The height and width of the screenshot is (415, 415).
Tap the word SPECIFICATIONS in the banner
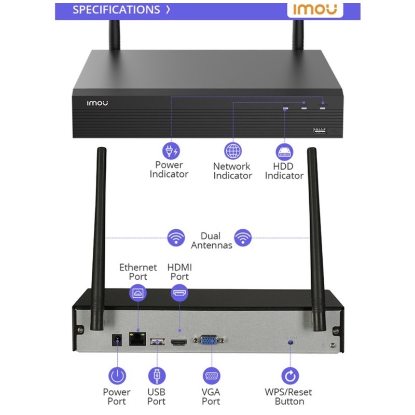pyautogui.click(x=116, y=10)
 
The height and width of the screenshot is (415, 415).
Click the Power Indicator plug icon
pyautogui.click(x=170, y=150)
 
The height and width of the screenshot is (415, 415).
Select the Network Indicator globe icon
pyautogui.click(x=232, y=150)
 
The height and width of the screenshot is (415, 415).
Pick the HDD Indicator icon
pyautogui.click(x=284, y=151)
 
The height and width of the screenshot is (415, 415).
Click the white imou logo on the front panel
pyautogui.click(x=97, y=103)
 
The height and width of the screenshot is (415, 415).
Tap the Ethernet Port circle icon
pyautogui.click(x=137, y=294)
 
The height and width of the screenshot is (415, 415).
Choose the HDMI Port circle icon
pyautogui.click(x=179, y=293)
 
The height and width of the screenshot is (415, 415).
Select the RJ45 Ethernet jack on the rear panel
pyautogui.click(x=137, y=340)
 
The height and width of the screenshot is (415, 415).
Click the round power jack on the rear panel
pyautogui.click(x=118, y=340)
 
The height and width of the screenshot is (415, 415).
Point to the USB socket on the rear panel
pyautogui.click(x=156, y=341)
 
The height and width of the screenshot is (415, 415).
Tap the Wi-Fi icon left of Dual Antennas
pyautogui.click(x=176, y=238)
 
